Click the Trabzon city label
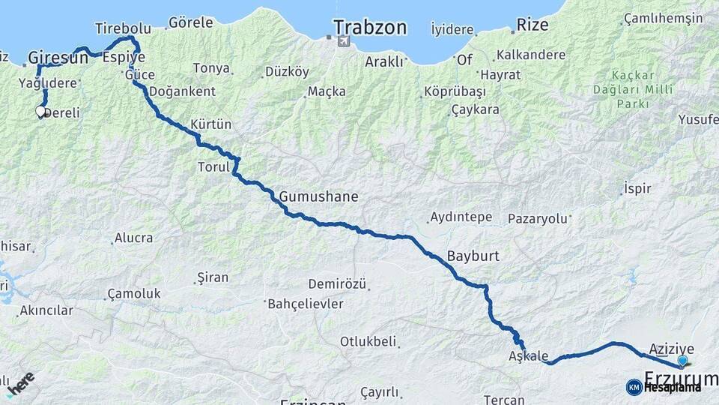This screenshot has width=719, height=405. (370, 28)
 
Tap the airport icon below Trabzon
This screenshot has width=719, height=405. (342, 40)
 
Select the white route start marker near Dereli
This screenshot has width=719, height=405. (40, 112)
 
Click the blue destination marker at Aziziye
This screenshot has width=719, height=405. (682, 361)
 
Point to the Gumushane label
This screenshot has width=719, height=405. (318, 197)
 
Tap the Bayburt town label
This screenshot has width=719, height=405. (473, 256)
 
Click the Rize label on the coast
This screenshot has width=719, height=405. (532, 25)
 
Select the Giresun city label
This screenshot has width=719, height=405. (58, 57)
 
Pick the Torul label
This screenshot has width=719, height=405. (213, 166)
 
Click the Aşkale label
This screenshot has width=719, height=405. (528, 356)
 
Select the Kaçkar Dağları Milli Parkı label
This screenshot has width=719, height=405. (633, 89)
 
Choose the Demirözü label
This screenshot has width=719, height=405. (337, 284)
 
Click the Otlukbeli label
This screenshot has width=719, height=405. (368, 341)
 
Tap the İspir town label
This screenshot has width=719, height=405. (637, 189)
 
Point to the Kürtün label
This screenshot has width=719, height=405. (211, 124)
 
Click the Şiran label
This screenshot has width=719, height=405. (212, 277)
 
